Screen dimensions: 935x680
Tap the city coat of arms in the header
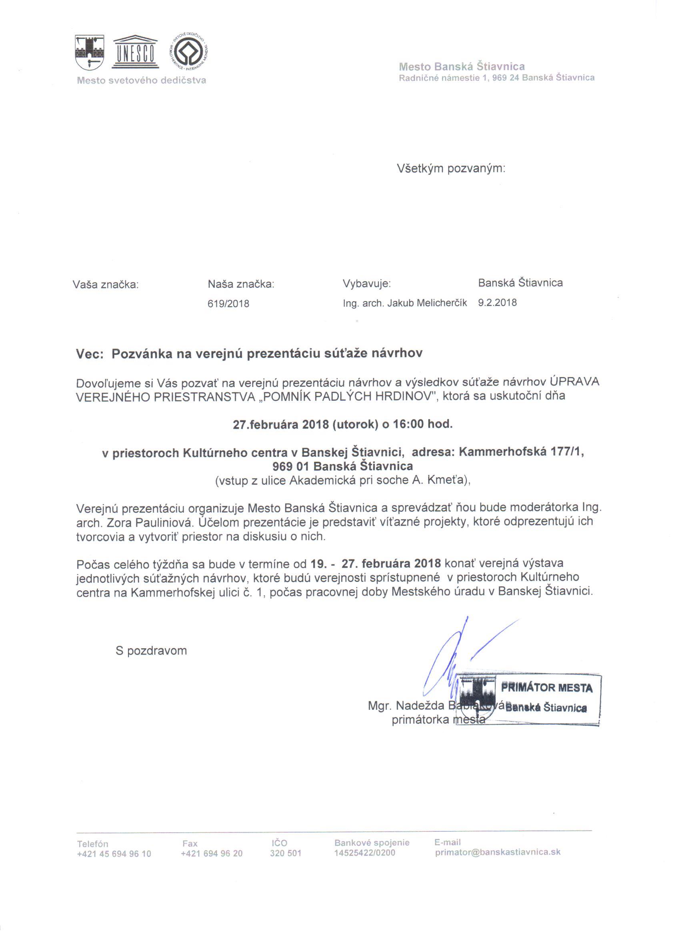point(90,52)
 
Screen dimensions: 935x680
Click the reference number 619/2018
point(228,304)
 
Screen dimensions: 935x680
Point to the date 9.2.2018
point(497,303)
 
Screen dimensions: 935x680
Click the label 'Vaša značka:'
point(106,284)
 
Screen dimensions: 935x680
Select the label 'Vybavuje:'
point(366,284)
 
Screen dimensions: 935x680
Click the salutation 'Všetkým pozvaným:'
point(451,168)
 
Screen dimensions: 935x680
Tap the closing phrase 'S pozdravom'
point(151,651)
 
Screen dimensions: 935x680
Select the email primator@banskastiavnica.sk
point(498,852)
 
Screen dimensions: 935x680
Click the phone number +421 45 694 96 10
point(114,853)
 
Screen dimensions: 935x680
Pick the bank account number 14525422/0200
point(364,853)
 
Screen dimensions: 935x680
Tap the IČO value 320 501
point(286,853)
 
